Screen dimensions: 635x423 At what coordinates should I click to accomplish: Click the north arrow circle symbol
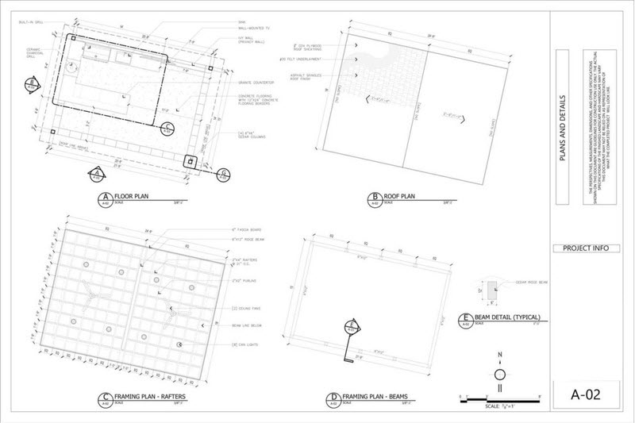(500, 375)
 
